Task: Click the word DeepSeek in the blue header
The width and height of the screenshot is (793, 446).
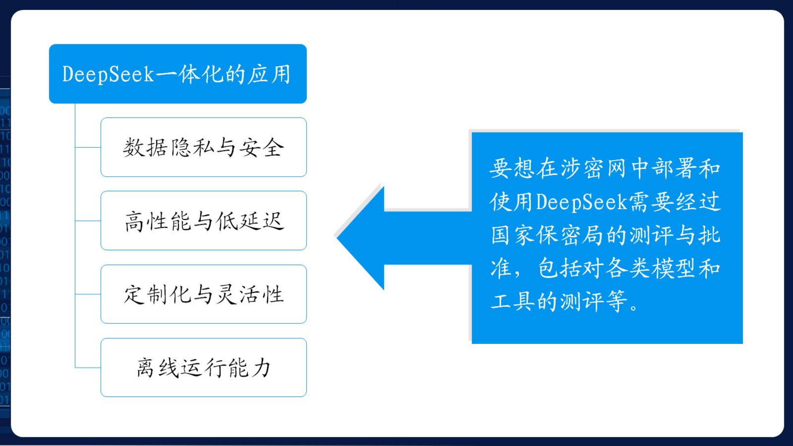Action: click(x=108, y=74)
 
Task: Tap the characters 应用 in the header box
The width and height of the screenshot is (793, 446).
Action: click(x=269, y=74)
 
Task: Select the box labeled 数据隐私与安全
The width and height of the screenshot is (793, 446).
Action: click(x=204, y=147)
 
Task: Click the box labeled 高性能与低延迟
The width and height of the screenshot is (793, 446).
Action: click(x=204, y=221)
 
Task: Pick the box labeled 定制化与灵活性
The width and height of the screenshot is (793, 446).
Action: click(x=204, y=294)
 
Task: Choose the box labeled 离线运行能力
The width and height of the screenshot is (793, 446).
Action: click(x=204, y=368)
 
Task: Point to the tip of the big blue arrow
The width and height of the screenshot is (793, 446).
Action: click(x=337, y=238)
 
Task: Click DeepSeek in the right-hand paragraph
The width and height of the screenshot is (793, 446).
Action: click(x=582, y=202)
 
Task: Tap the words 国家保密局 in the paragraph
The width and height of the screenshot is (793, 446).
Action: click(x=547, y=235)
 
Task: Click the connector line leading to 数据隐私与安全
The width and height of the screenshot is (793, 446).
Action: click(x=88, y=147)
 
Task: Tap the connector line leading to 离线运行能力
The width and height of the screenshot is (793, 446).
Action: click(x=88, y=368)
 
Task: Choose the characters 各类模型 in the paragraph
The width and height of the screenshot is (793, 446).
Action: click(x=651, y=268)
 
